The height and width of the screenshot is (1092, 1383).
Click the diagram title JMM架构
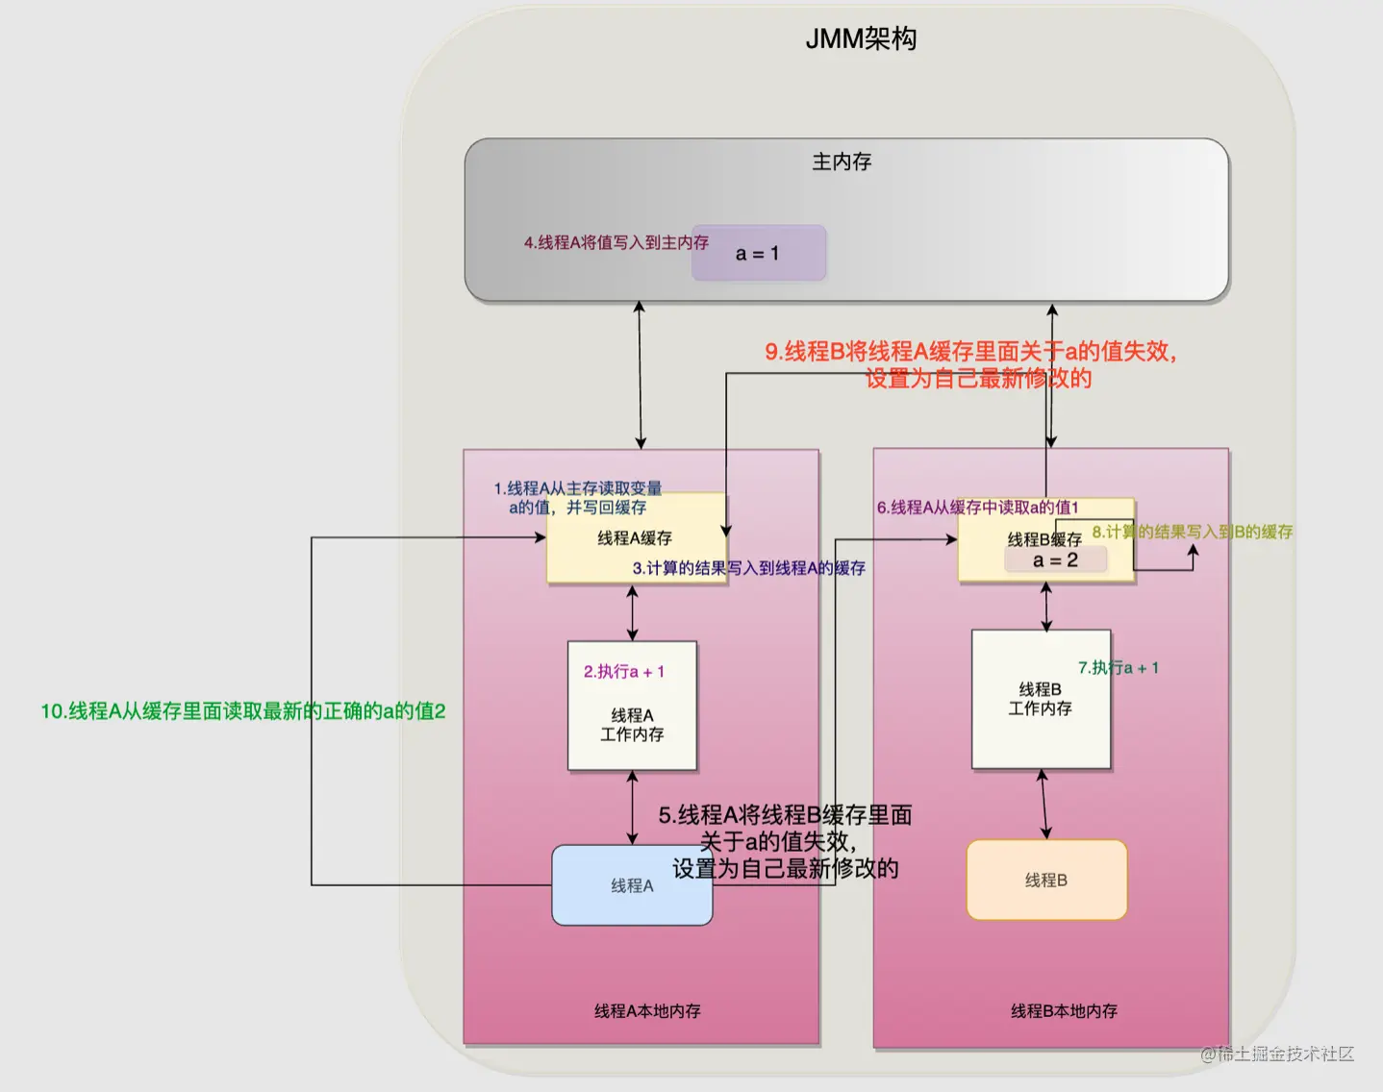point(861,38)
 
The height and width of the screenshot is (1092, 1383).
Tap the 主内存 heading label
point(842,161)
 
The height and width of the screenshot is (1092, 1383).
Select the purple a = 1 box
point(758,254)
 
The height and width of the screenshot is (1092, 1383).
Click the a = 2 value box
point(1055,560)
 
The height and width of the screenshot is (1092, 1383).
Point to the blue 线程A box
point(632,885)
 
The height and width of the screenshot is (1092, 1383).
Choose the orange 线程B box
point(1046,881)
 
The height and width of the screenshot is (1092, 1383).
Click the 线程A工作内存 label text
point(632,725)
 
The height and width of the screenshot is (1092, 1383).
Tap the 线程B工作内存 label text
point(1040,699)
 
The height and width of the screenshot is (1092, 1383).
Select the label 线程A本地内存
point(647,1011)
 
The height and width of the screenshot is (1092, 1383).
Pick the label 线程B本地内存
point(1064,1011)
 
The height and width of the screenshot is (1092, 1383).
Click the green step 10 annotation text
point(242,711)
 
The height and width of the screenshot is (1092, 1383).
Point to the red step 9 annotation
point(971,364)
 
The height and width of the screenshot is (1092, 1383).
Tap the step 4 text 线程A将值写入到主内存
point(616,243)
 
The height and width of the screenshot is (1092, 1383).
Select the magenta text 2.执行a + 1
point(624,672)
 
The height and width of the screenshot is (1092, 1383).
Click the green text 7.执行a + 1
point(1119,668)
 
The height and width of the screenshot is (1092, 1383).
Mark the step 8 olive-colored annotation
point(1193,533)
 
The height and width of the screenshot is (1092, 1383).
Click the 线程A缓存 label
point(635,538)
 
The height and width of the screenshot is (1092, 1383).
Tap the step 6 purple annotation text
point(977,508)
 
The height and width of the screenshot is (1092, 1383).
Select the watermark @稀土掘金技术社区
point(1277,1055)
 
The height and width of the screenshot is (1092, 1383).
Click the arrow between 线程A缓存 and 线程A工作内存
point(632,612)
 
